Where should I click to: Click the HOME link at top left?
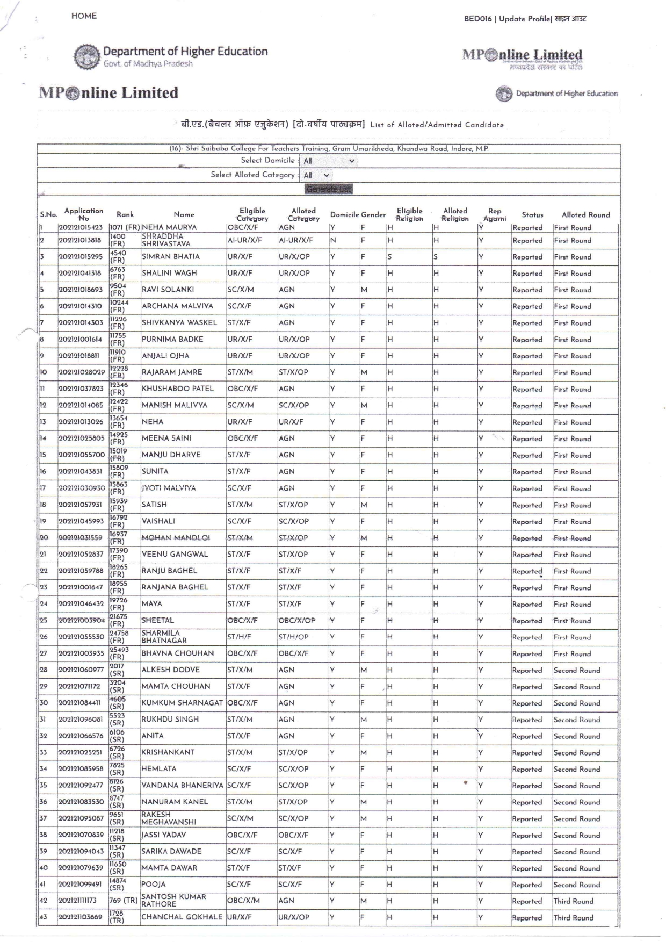coord(84,16)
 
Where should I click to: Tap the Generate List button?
coord(329,189)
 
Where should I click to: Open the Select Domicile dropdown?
coord(329,161)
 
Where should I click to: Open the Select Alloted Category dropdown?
coord(316,175)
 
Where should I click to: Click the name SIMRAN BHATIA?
coord(170,257)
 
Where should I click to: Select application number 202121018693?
coord(81,290)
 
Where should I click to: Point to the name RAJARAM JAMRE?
coord(172,372)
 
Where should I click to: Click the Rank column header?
coord(125,214)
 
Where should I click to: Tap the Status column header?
coord(532,214)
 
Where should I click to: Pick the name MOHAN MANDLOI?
coord(176,537)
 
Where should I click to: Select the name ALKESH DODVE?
coord(170,670)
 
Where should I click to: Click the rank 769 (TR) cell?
coord(124,901)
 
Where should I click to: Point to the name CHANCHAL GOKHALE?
coord(182,917)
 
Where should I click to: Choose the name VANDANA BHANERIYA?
coord(182,785)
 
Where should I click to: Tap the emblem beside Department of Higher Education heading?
coord(86,57)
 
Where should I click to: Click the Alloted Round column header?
coord(585,214)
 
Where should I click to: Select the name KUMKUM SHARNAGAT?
coord(182,703)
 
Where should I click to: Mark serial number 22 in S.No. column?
coord(44,571)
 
